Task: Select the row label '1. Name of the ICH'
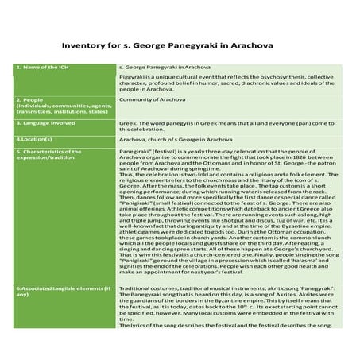point(37,69)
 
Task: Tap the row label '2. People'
point(28,100)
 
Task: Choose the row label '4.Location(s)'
point(33,138)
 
